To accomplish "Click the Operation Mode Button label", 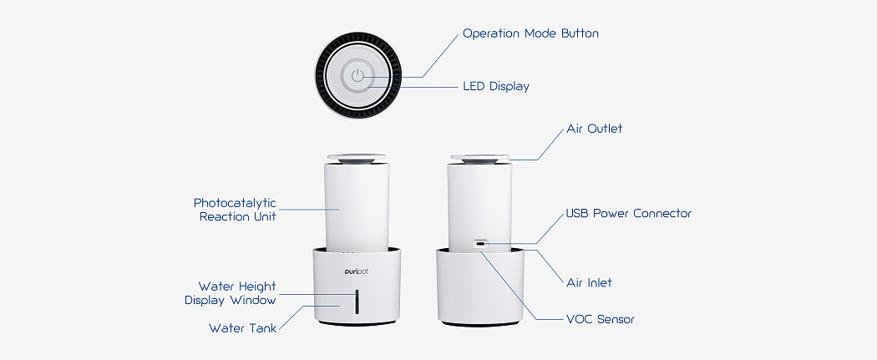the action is [530, 33].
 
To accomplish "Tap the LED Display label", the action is [496, 87].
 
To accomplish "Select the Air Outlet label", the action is [595, 129].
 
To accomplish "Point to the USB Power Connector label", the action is [629, 214].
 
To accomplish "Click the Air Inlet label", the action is [589, 283].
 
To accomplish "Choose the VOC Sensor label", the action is [601, 320].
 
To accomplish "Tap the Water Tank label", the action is [243, 328].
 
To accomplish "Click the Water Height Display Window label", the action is [231, 293].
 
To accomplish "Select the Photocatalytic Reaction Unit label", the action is [235, 210].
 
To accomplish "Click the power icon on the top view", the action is [358, 75].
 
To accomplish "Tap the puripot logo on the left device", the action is [357, 271].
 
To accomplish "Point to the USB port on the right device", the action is [480, 244].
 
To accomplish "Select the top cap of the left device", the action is [357, 159].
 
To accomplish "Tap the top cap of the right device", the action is [480, 159].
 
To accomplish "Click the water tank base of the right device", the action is [480, 287].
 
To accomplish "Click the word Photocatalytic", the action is [235, 203].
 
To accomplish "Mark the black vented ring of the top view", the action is [358, 75].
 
